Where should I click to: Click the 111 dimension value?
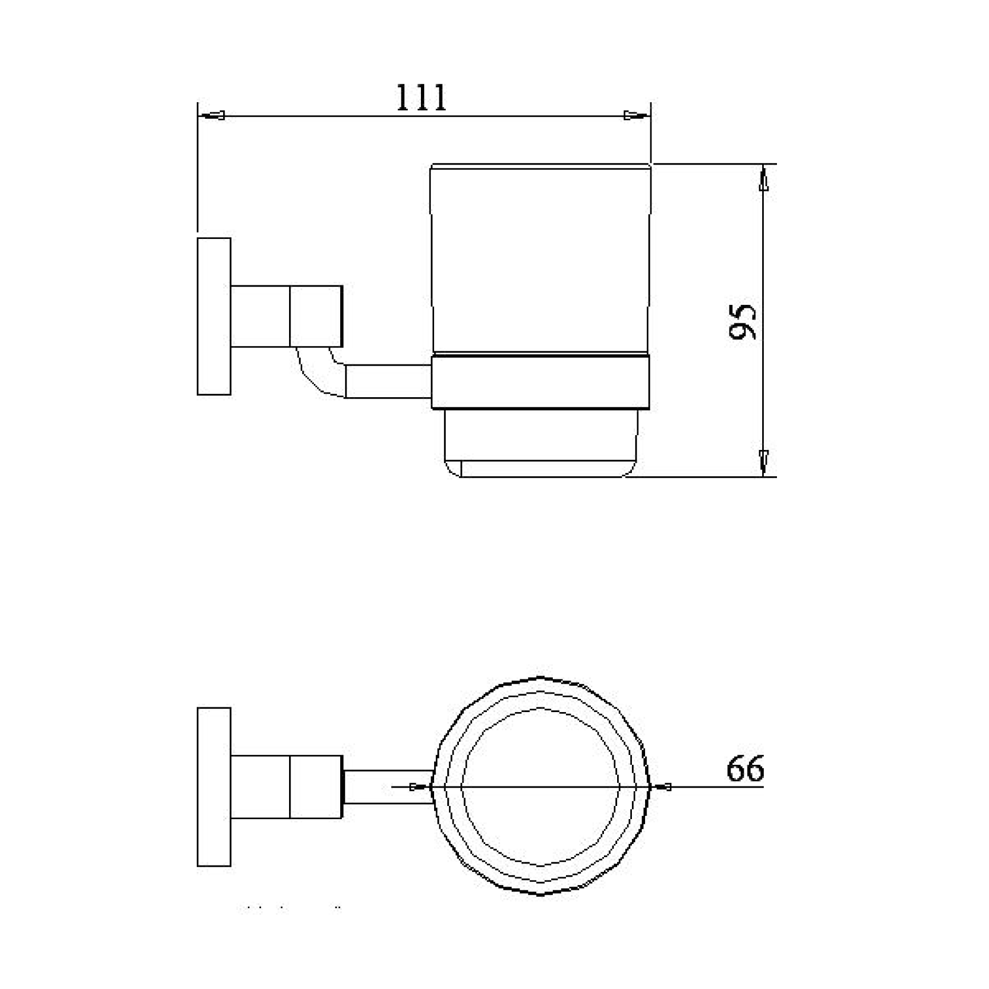(421, 98)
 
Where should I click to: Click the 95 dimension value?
(742, 322)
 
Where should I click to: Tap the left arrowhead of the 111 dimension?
(214, 116)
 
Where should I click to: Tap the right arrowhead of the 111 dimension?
(635, 116)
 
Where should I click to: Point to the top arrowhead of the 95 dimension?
(763, 180)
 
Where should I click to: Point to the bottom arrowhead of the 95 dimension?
(763, 460)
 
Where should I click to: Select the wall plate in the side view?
(214, 316)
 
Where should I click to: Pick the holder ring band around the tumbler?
(540, 382)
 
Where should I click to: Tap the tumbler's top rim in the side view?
(540, 166)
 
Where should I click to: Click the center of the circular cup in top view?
(540, 786)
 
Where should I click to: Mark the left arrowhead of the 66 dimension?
(418, 787)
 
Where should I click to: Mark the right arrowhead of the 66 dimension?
(662, 787)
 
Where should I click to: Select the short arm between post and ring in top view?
(388, 786)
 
